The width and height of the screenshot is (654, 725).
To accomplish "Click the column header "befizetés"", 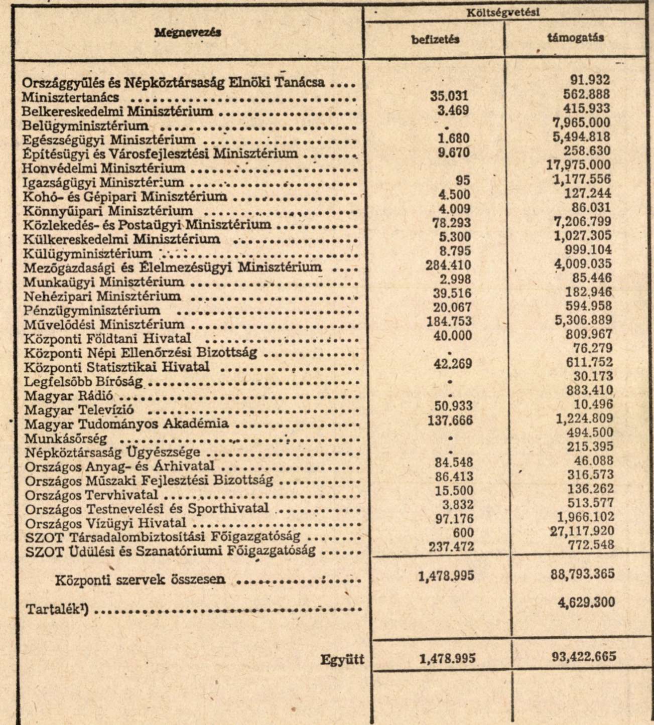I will tap(435, 40).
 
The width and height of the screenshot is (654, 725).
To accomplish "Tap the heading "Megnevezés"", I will tap(188, 32).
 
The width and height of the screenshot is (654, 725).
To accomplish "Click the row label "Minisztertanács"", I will tap(71, 97).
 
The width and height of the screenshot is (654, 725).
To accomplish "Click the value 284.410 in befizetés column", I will tap(449, 264).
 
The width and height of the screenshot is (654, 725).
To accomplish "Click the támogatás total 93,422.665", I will tap(583, 656).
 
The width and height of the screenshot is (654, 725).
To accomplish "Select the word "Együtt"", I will tap(342, 660).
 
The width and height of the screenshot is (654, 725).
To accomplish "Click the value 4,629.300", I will tap(586, 602).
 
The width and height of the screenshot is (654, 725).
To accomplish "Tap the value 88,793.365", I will tap(583, 574).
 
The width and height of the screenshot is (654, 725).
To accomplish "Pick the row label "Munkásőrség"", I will tap(66, 438).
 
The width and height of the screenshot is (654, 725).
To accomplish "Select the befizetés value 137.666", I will tap(450, 420).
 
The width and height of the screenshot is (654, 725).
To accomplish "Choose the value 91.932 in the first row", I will tap(590, 79).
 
